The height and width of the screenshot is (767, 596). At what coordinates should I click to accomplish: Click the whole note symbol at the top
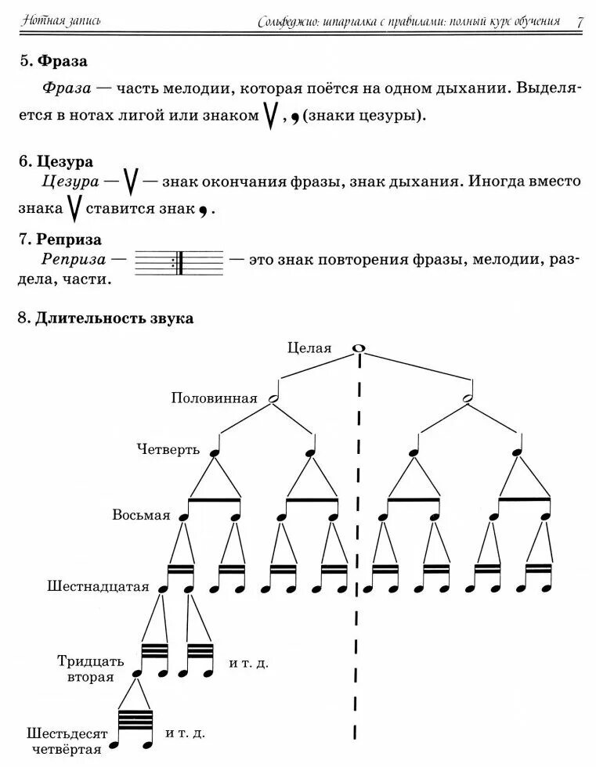[x=359, y=348]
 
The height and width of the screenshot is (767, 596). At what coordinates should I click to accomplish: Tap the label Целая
[x=309, y=348]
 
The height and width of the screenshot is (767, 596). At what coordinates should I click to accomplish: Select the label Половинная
[x=215, y=398]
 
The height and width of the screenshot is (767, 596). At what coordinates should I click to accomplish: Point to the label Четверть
[x=168, y=449]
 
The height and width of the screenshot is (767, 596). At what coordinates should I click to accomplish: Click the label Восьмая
[x=141, y=515]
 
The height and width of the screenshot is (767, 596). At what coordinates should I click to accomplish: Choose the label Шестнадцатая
[x=97, y=585]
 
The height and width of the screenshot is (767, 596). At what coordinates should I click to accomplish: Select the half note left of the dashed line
[x=273, y=398]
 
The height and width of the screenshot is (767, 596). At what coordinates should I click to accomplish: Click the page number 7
[x=580, y=21]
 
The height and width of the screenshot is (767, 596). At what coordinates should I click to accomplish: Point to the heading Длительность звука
[x=114, y=319]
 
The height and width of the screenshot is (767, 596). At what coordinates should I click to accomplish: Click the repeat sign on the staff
[x=179, y=263]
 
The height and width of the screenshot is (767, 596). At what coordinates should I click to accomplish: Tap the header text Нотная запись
[x=62, y=19]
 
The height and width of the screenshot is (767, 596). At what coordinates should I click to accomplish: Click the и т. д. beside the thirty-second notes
[x=249, y=663]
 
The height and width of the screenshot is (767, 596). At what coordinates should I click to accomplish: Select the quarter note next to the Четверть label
[x=211, y=451]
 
